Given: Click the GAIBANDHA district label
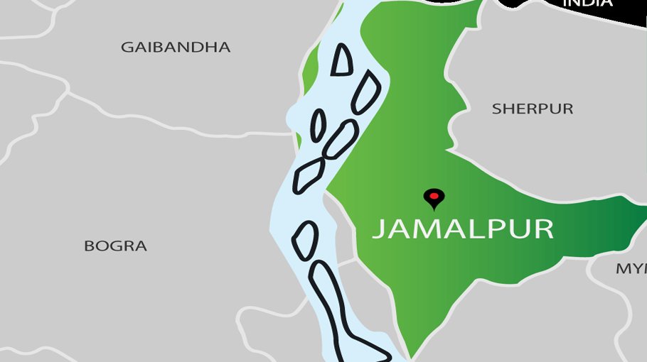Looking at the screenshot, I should (176, 48).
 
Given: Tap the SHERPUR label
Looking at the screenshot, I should (533, 109).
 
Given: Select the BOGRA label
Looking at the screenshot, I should (115, 246).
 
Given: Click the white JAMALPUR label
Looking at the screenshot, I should (463, 229).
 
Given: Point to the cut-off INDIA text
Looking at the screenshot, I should (587, 4).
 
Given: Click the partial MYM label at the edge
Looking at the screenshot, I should (631, 269).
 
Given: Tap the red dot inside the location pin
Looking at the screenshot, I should (433, 195).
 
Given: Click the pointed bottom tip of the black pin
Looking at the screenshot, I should (433, 209).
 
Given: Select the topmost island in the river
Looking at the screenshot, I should (343, 60).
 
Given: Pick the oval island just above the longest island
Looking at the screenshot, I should (305, 240).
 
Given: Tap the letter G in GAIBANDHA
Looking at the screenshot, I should (127, 48).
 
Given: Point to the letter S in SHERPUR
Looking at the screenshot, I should (496, 109).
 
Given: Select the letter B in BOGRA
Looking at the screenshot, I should (90, 246).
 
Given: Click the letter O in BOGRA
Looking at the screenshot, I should (102, 246).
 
